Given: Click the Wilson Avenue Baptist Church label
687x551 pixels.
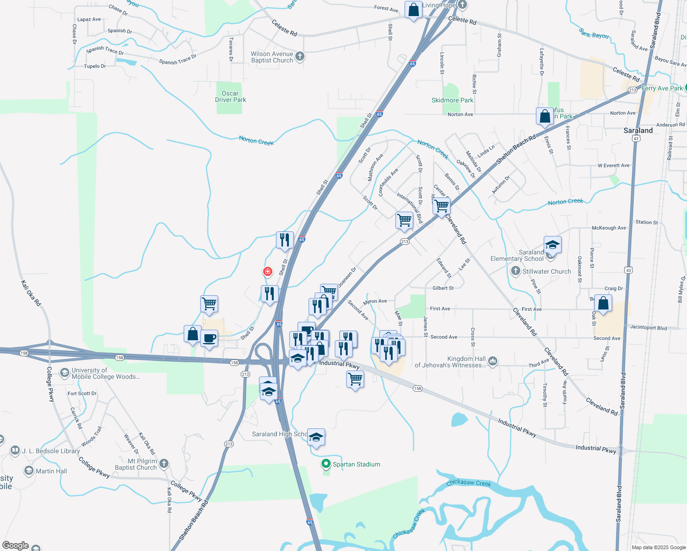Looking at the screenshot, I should tap(272, 57).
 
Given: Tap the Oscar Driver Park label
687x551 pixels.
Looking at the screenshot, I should tap(231, 96).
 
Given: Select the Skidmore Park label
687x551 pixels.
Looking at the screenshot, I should tap(452, 100).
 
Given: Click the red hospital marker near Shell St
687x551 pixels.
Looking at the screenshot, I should tap(268, 272).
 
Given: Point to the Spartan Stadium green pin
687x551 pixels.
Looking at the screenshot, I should tap(326, 464).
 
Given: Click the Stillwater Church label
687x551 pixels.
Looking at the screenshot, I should tap(546, 271).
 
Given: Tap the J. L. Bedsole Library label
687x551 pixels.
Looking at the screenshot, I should tap(51, 451).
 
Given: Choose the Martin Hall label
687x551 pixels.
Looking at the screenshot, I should tap(51, 471).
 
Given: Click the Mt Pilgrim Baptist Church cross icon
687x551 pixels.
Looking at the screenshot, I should tap(164, 464).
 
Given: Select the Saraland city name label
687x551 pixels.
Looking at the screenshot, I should tap(638, 130).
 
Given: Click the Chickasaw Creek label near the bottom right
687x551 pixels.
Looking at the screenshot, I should tap(468, 483).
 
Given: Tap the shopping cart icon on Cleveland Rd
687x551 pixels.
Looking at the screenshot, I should tap(441, 206).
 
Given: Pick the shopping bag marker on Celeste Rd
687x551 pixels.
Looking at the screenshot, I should tap(413, 10).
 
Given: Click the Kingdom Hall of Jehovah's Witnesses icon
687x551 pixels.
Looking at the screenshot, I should tap(492, 361).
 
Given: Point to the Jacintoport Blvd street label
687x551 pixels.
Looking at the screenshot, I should tap(648, 328).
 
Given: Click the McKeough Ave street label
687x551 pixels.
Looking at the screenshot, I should tap(609, 228).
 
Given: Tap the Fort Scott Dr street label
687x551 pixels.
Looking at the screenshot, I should tap(82, 394).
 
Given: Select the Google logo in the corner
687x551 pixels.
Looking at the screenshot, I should tap(16, 545).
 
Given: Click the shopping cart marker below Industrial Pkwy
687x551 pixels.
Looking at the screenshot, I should tap(355, 379).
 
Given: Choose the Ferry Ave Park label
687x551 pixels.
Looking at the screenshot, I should tap(662, 88).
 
